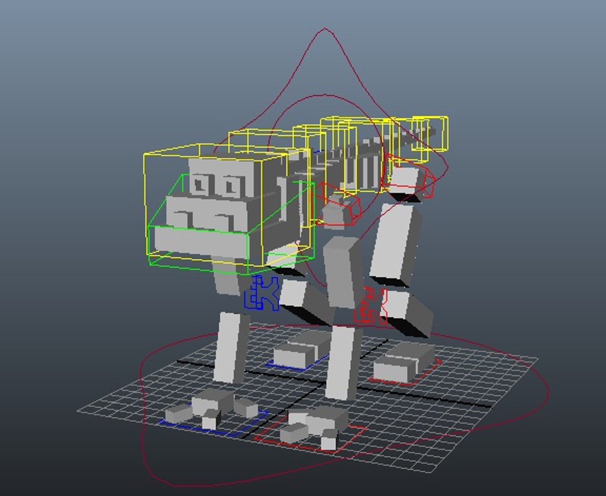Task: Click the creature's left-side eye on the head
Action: pos(200,184)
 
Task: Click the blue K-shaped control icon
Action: pos(262,293)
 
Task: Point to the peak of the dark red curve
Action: pos(325,28)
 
